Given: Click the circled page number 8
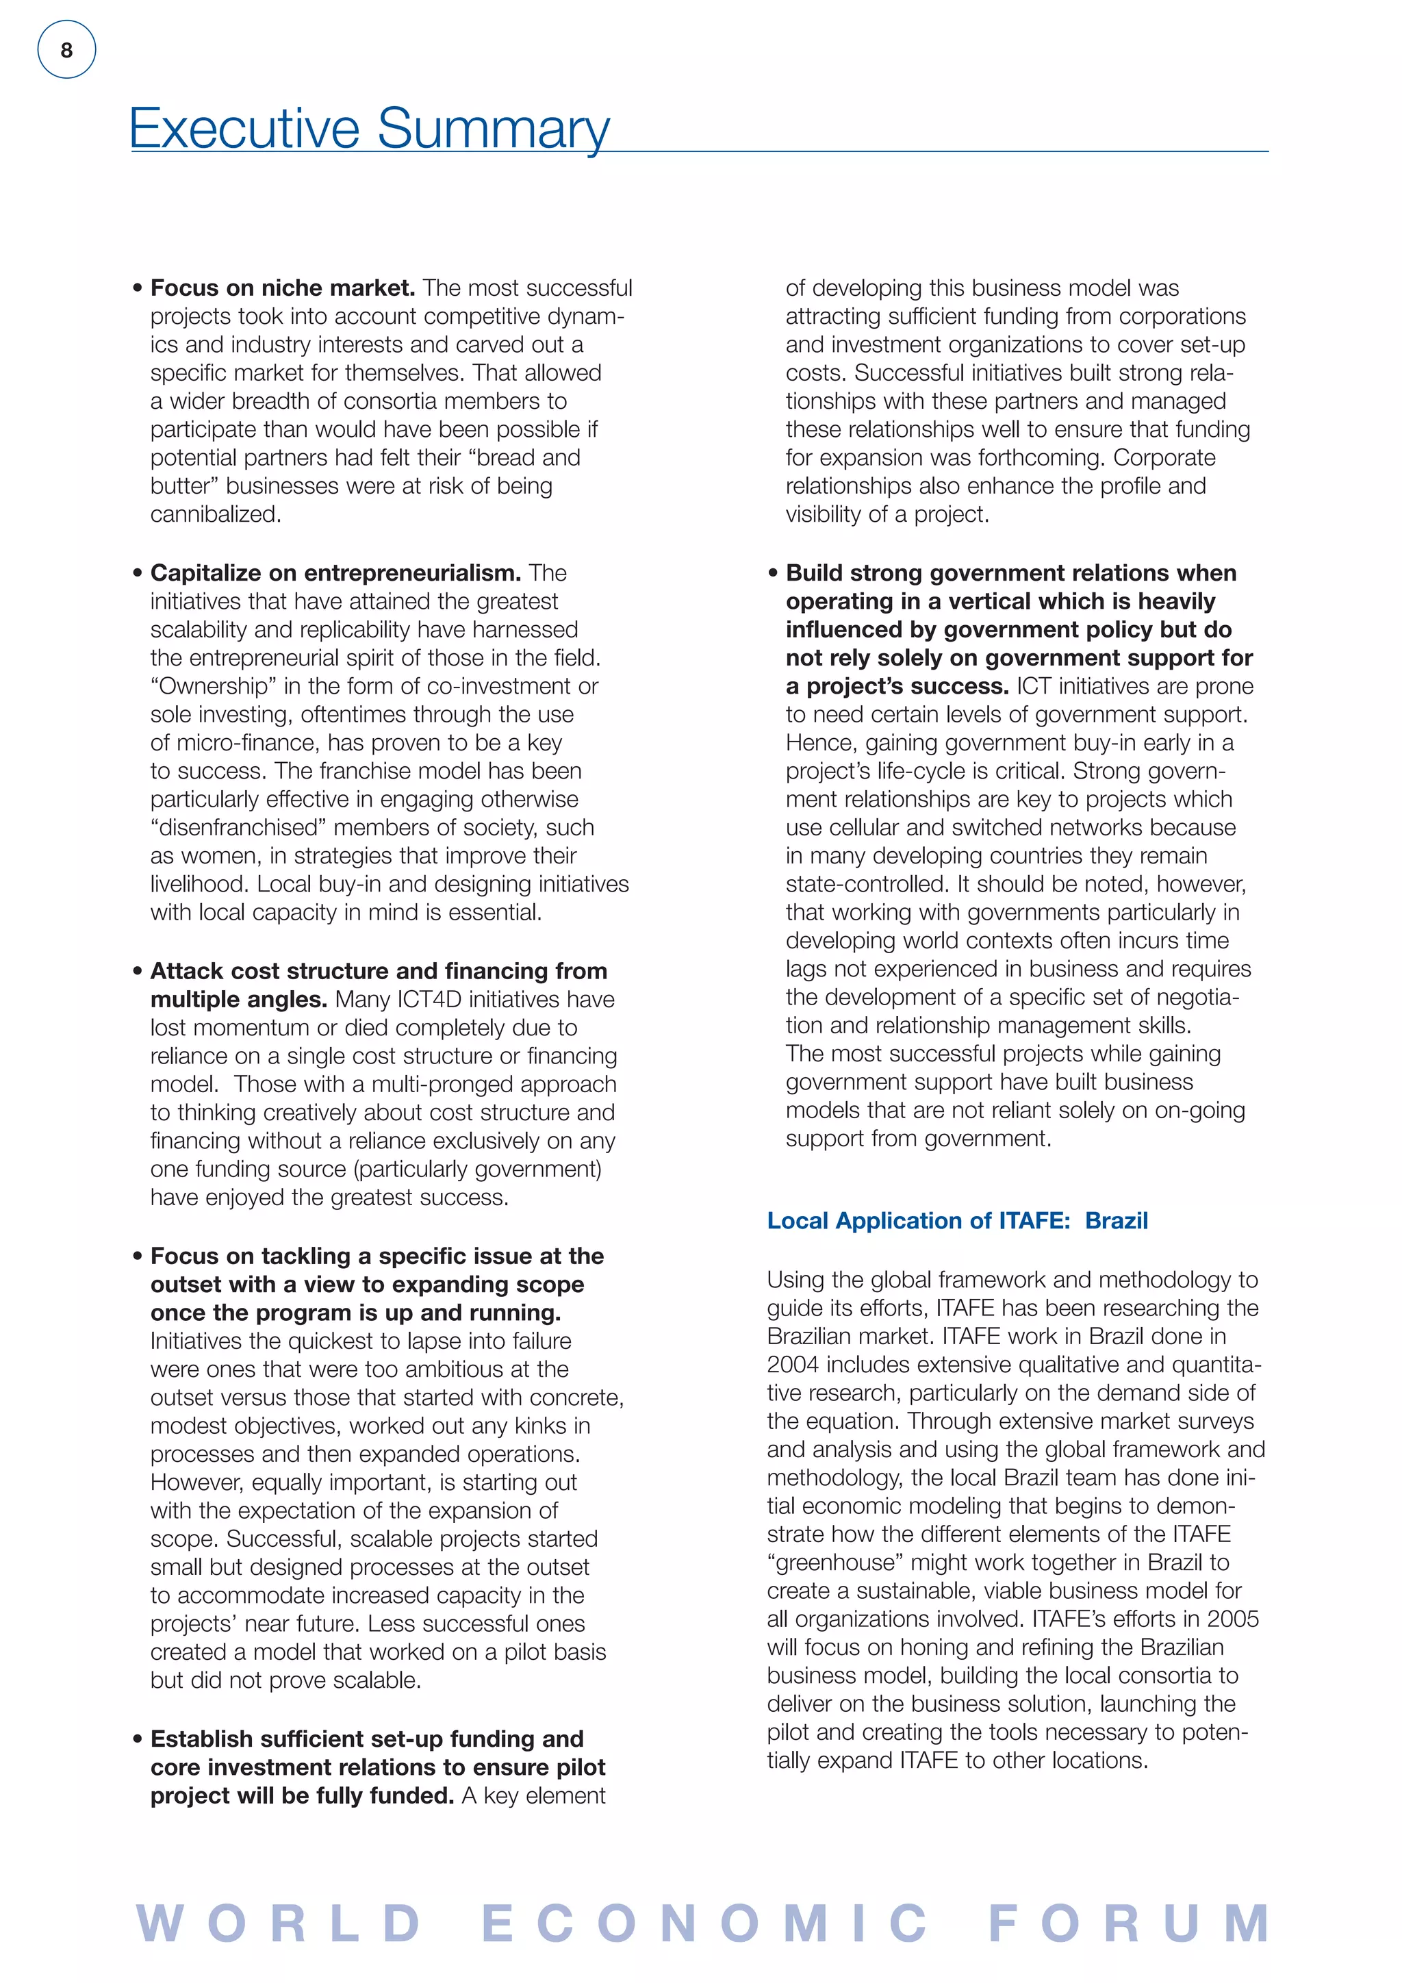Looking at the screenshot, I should pyautogui.click(x=66, y=50).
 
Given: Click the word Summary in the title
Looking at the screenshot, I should pyautogui.click(x=493, y=129).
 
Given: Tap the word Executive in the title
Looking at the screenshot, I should pyautogui.click(x=244, y=129).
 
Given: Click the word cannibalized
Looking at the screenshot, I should pyautogui.click(x=215, y=514).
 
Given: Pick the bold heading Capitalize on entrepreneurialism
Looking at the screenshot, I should pyautogui.click(x=335, y=572).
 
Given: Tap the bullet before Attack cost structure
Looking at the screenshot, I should pyautogui.click(x=138, y=971).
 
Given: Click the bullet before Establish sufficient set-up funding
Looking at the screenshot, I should pyautogui.click(x=138, y=1739).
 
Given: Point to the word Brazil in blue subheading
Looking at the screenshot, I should pyautogui.click(x=1117, y=1220).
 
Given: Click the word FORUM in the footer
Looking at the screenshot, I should pyautogui.click(x=1128, y=1923).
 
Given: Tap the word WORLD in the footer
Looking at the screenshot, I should pyautogui.click(x=278, y=1923).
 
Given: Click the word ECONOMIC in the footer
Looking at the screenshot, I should pyautogui.click(x=704, y=1923).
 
